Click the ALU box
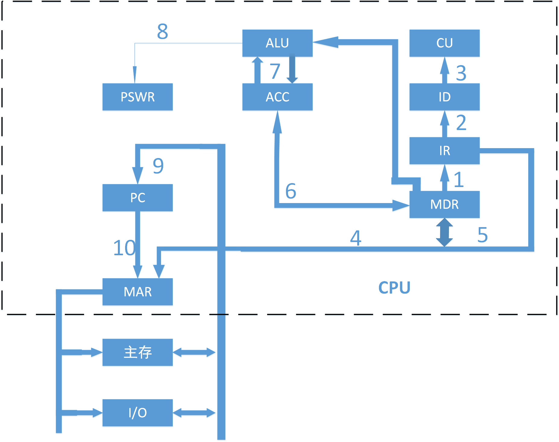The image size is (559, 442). click(277, 43)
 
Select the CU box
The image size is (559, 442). click(444, 43)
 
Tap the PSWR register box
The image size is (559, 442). click(137, 97)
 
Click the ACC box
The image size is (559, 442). click(277, 97)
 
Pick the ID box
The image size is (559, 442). click(444, 97)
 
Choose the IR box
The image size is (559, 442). click(444, 151)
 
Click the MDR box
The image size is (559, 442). click(444, 204)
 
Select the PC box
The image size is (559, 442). click(137, 198)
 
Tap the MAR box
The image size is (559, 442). click(137, 292)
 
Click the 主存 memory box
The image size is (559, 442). click(137, 352)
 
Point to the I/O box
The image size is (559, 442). click(137, 412)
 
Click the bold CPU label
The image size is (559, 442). click(394, 288)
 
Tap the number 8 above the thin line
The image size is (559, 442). click(163, 31)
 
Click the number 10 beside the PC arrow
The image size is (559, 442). click(124, 248)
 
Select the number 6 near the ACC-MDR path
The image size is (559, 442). click(291, 191)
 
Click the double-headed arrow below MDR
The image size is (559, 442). click(444, 232)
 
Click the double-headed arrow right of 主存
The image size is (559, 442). click(194, 352)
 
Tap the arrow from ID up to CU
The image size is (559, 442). click(444, 70)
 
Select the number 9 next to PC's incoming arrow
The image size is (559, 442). click(158, 166)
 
